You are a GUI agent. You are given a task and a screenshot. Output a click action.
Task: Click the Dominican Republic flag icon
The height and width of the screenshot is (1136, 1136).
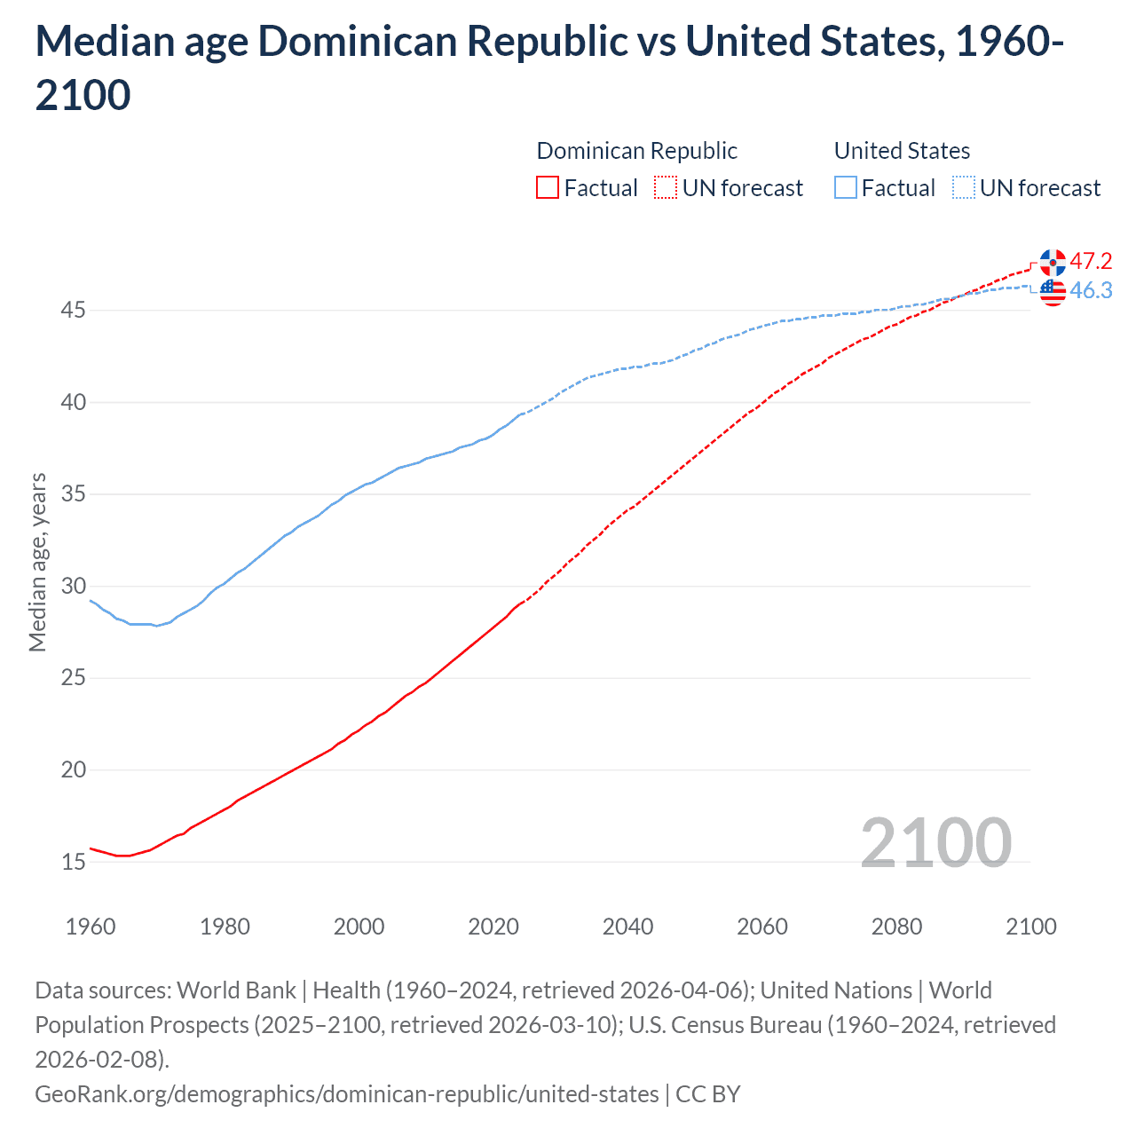click(x=1053, y=263)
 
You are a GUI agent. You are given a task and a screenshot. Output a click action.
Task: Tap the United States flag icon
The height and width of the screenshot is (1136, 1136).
click(x=1053, y=291)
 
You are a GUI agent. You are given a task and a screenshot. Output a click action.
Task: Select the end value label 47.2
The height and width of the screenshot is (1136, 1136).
click(x=1091, y=261)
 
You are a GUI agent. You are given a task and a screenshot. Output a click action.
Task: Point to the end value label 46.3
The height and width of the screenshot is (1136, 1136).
click(x=1091, y=290)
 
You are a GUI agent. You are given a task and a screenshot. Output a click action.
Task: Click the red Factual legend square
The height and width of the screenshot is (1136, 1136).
click(x=548, y=188)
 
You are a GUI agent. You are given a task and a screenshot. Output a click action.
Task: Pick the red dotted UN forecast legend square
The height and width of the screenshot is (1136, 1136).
click(x=666, y=188)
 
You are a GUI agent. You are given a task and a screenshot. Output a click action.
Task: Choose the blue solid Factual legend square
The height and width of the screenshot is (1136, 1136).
click(x=846, y=188)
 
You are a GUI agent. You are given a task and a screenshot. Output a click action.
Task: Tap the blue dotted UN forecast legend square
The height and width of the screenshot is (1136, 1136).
click(x=963, y=188)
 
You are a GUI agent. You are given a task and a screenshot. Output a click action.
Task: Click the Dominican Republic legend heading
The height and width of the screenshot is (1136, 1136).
click(x=636, y=151)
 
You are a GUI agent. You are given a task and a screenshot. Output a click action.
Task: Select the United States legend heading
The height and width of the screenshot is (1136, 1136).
click(x=902, y=151)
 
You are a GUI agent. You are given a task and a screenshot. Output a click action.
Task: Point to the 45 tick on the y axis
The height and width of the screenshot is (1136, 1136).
click(x=74, y=311)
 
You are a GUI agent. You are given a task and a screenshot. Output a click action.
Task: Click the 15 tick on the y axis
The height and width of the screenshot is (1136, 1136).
click(x=74, y=862)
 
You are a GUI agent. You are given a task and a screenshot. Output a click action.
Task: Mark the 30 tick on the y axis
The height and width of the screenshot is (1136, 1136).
click(x=74, y=586)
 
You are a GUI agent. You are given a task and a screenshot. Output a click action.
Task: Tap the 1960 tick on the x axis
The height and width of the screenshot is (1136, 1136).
click(x=91, y=927)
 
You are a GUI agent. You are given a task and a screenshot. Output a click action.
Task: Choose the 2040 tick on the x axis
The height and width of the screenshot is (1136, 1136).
click(x=627, y=927)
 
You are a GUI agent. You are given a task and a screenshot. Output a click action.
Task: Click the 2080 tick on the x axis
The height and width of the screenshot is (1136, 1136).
click(x=896, y=927)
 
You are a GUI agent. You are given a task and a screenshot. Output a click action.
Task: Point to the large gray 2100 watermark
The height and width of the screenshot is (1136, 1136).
click(x=935, y=842)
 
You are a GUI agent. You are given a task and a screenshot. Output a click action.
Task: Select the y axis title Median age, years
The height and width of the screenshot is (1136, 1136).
click(x=38, y=563)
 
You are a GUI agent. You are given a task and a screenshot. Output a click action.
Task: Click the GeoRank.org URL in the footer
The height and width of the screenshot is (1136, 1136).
click(x=347, y=1093)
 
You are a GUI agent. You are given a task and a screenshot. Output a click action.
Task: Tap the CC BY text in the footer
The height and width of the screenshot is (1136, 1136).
click(x=707, y=1093)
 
